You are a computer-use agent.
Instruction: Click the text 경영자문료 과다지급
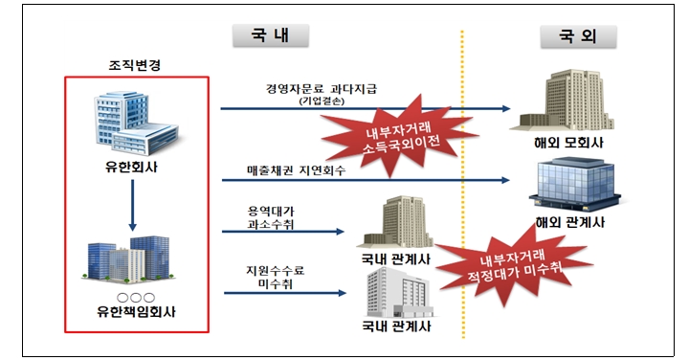(322, 88)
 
